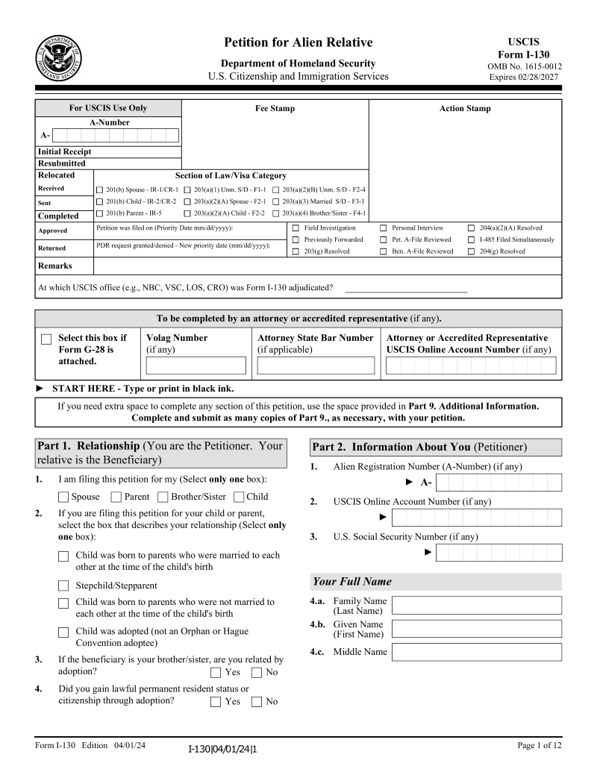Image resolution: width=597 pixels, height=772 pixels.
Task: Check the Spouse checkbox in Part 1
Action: click(63, 497)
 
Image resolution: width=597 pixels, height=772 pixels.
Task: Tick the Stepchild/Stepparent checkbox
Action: click(63, 586)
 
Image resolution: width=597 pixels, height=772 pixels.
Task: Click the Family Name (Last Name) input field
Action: click(476, 605)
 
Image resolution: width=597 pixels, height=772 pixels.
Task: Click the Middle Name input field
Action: click(476, 652)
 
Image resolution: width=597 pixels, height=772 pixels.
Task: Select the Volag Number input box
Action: click(196, 365)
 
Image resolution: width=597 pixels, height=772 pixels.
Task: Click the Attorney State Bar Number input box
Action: click(316, 365)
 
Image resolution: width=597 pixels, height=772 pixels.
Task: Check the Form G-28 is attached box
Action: click(46, 339)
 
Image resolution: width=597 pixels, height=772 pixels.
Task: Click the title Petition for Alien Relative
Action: click(298, 43)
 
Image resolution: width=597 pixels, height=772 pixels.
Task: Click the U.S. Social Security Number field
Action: click(498, 552)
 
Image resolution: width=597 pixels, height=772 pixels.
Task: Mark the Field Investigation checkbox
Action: click(296, 228)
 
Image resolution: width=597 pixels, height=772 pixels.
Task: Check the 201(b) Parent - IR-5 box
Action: click(100, 213)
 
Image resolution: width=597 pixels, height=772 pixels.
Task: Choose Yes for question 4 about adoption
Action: click(216, 701)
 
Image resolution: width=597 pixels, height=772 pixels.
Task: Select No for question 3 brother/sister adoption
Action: click(257, 672)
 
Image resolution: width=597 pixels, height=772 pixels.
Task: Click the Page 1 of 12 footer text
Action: click(539, 745)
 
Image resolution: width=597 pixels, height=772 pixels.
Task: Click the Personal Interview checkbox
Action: click(384, 228)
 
